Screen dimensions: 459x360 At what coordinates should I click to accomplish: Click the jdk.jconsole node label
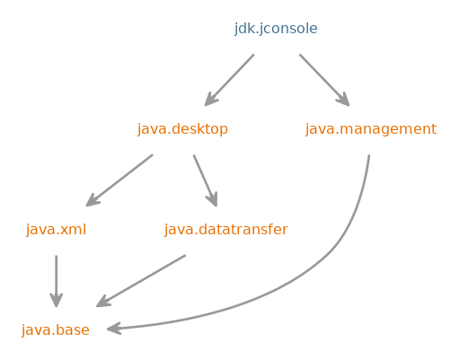click(x=276, y=29)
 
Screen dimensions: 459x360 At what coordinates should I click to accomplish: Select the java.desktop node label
click(x=182, y=129)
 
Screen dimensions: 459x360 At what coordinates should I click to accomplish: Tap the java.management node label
click(x=371, y=129)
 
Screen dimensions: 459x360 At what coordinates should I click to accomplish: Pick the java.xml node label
click(x=56, y=230)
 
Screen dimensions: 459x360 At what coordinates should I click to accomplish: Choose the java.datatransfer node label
click(x=226, y=230)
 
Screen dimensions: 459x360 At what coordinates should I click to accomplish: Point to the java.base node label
click(x=56, y=330)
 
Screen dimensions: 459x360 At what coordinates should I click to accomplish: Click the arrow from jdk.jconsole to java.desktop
click(x=229, y=80)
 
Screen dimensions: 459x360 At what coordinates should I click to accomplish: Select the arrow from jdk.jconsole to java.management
click(x=324, y=80)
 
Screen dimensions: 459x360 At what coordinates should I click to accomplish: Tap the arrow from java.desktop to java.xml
click(x=119, y=180)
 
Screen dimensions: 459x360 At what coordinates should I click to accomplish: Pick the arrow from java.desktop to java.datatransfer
click(x=205, y=180)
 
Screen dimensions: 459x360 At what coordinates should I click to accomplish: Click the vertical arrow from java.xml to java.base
click(x=56, y=281)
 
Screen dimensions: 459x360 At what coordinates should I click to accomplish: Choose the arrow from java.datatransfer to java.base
click(x=141, y=281)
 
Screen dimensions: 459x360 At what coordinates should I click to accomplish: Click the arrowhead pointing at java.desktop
click(x=210, y=100)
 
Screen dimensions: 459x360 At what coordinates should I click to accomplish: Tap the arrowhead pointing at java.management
click(x=344, y=100)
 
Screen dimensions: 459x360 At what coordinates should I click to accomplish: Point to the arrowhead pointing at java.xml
click(x=92, y=201)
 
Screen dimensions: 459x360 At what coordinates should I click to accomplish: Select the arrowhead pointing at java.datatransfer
click(x=213, y=200)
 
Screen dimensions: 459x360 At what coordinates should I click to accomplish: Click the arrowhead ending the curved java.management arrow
click(x=113, y=329)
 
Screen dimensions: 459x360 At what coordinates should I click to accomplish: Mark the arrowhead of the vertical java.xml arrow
click(x=56, y=301)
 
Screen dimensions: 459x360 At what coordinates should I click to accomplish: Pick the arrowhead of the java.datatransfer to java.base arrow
click(x=102, y=302)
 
